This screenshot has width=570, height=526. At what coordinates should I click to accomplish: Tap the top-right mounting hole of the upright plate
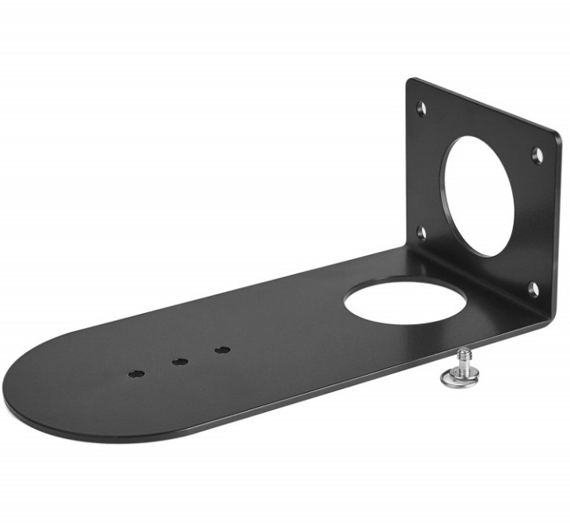(x=536, y=155)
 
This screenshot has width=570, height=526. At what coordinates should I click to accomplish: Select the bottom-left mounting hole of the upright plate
(x=421, y=232)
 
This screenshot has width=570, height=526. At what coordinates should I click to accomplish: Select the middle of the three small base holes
(x=179, y=362)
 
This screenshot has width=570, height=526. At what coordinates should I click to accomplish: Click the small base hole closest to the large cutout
(x=222, y=349)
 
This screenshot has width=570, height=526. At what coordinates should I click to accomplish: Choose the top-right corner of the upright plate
(x=559, y=135)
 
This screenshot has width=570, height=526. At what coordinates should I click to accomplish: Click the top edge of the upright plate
(x=485, y=106)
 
